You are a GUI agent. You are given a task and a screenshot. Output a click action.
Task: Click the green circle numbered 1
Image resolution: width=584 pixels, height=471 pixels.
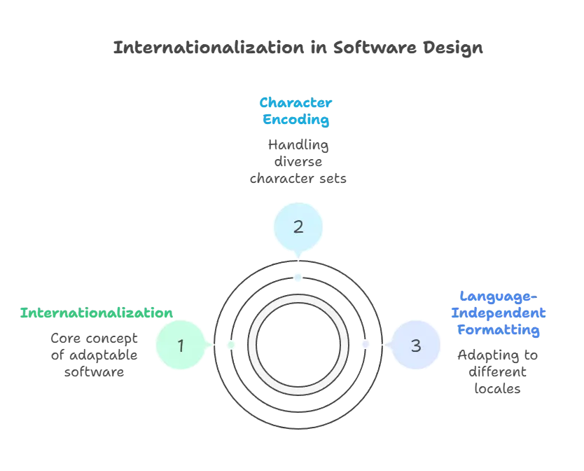[x=181, y=346]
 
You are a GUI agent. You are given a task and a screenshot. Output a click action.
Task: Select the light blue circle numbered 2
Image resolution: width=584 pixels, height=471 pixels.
[x=298, y=227]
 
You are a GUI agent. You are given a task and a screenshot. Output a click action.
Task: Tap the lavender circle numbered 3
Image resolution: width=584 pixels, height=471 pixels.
[x=416, y=346]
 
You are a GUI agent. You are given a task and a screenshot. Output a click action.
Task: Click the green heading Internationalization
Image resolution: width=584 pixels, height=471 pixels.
[x=95, y=313]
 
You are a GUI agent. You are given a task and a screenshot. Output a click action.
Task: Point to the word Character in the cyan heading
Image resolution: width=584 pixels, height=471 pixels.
[x=296, y=103]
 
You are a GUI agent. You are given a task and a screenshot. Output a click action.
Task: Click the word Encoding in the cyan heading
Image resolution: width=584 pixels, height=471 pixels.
[x=296, y=120]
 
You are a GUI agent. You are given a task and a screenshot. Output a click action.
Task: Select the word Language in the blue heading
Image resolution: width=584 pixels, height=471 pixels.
[x=499, y=296]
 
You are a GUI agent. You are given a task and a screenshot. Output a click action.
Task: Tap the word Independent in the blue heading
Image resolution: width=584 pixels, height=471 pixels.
[x=499, y=313]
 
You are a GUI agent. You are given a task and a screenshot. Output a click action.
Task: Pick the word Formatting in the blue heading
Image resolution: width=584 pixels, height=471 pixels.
[x=499, y=329]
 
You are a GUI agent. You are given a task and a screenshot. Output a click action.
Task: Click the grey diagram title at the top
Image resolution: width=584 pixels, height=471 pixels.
[x=298, y=49]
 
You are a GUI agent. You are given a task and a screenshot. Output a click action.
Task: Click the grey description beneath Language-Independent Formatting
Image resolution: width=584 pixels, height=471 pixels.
[x=496, y=371]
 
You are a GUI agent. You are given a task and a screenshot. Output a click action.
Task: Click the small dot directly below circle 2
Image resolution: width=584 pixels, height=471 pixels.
[x=298, y=277]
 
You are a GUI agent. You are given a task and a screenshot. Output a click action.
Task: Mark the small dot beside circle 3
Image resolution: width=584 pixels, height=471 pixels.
[x=365, y=346]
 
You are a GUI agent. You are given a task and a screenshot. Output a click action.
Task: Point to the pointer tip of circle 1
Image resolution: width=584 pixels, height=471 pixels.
[x=211, y=346]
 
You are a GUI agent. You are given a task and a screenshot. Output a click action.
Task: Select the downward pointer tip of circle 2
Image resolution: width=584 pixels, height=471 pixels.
[x=298, y=257]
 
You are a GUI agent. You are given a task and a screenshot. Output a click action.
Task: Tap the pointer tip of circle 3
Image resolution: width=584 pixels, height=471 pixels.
[x=385, y=346]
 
